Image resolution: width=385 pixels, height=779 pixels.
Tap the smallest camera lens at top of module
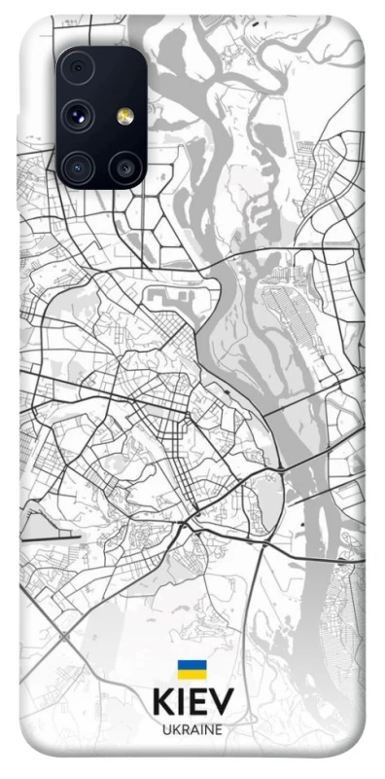[x=78, y=68]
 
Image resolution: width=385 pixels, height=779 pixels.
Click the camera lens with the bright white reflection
[x=76, y=117]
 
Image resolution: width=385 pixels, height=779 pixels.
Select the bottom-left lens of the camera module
[x=78, y=167]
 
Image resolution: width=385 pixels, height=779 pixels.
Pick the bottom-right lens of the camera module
[x=124, y=167]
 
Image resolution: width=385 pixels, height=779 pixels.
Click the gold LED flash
[x=124, y=117]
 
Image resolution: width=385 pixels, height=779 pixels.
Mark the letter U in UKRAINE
[x=166, y=729]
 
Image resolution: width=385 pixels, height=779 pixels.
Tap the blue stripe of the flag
[x=192, y=664]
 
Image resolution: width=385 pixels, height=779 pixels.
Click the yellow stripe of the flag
[x=192, y=673]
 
